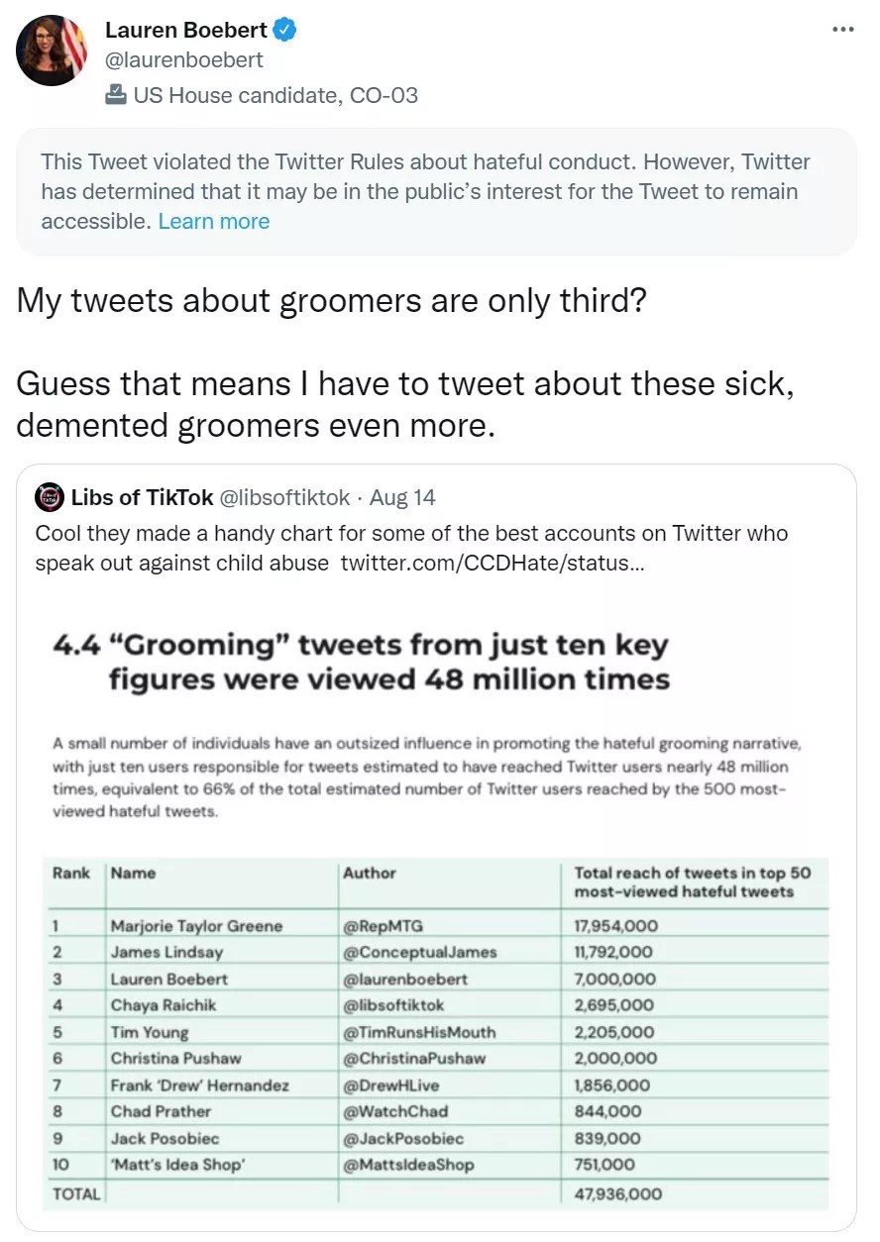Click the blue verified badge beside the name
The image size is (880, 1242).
tap(285, 31)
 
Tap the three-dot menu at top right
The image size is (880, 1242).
tap(842, 30)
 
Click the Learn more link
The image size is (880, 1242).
tap(214, 221)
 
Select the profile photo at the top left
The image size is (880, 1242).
tap(52, 51)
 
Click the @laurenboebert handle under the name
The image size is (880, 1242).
tap(184, 60)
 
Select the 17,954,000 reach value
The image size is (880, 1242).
tap(615, 926)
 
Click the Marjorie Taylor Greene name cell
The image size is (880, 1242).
tap(196, 926)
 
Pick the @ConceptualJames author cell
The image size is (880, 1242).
tap(419, 952)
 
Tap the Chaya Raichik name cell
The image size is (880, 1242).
tap(163, 1005)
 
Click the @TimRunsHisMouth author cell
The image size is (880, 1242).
tap(419, 1032)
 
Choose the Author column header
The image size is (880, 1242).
tap(369, 874)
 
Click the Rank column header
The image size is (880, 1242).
tap(70, 874)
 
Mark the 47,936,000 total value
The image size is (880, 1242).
tap(617, 1193)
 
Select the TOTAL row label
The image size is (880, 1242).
tap(76, 1193)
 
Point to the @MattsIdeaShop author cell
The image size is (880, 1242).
tap(408, 1165)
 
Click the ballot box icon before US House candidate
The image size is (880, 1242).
tap(116, 95)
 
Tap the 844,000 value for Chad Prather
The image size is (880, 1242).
tap(607, 1111)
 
